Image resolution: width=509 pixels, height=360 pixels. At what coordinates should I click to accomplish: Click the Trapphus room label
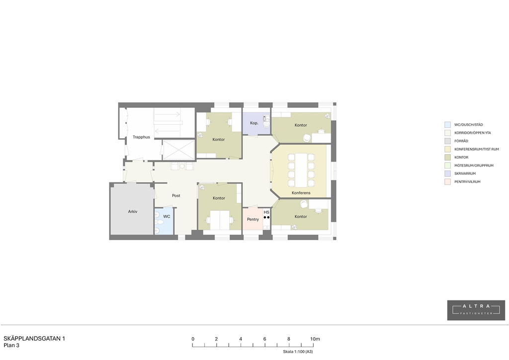(141, 137)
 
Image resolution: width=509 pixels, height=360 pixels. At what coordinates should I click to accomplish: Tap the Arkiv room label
(132, 211)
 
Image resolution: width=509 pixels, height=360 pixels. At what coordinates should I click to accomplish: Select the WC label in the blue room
(167, 216)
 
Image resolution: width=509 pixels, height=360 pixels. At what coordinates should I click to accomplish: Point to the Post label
(176, 195)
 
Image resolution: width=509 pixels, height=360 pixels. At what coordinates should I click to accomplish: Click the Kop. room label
(254, 123)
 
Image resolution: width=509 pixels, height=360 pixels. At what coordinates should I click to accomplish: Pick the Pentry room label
(253, 219)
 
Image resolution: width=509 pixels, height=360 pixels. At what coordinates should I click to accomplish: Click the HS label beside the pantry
(266, 212)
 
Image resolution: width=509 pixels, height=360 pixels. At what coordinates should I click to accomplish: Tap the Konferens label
(301, 193)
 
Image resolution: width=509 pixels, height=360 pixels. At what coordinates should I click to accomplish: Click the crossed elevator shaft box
(179, 150)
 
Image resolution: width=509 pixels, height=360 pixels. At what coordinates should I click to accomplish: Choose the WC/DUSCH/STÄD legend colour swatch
(448, 125)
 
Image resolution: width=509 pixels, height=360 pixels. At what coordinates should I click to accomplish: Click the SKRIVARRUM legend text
(465, 174)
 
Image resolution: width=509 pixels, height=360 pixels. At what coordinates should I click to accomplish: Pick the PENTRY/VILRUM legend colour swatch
(448, 182)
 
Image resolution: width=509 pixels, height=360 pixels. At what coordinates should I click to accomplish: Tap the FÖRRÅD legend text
(461, 141)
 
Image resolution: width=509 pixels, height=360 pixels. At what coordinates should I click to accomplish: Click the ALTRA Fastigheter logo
(476, 310)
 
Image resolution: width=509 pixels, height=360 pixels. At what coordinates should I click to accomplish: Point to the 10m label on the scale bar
(315, 339)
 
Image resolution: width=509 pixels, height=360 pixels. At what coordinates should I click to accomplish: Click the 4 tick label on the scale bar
(241, 339)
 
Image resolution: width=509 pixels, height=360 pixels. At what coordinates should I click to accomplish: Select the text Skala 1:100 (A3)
(298, 352)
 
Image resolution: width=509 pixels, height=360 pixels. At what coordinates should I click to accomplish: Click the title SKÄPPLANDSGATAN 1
(34, 339)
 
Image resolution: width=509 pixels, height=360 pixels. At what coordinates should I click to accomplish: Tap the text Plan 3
(11, 346)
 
